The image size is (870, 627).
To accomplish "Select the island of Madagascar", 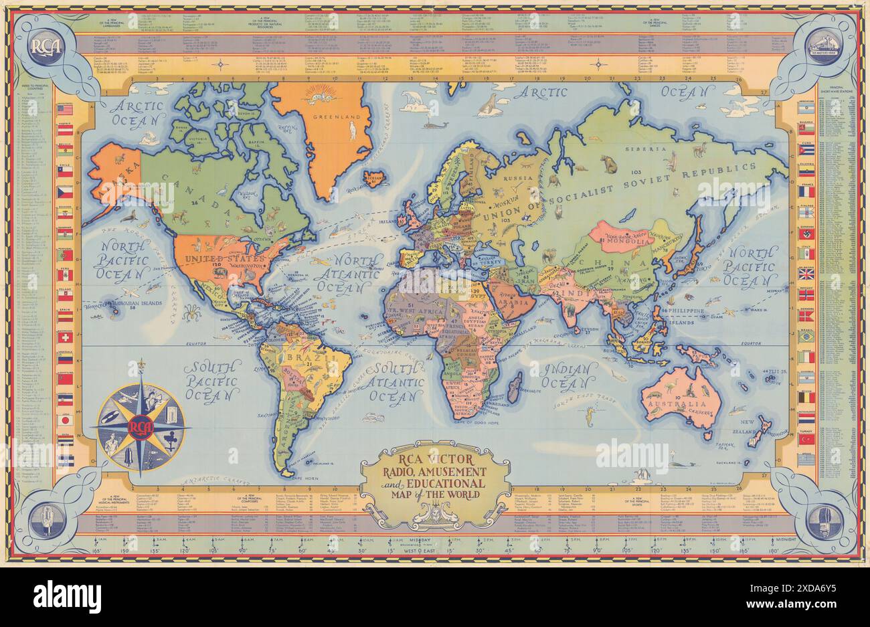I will (517, 385).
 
